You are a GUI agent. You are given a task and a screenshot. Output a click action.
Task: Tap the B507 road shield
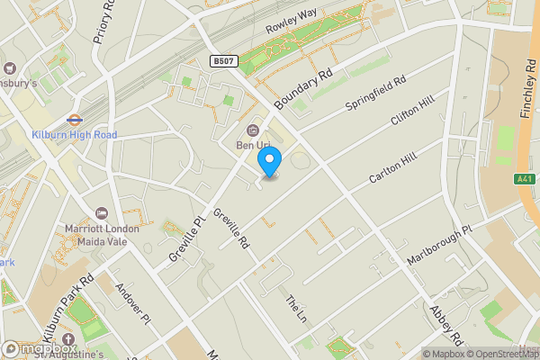click(224, 61)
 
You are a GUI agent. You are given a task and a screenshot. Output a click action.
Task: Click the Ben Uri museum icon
click(252, 129)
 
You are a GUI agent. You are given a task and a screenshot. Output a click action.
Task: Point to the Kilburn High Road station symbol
click(74, 118)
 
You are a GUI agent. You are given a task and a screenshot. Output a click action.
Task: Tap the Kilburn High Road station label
click(74, 135)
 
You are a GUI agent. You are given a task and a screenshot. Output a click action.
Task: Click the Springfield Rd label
click(377, 94)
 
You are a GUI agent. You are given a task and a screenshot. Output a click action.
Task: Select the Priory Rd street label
click(104, 22)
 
